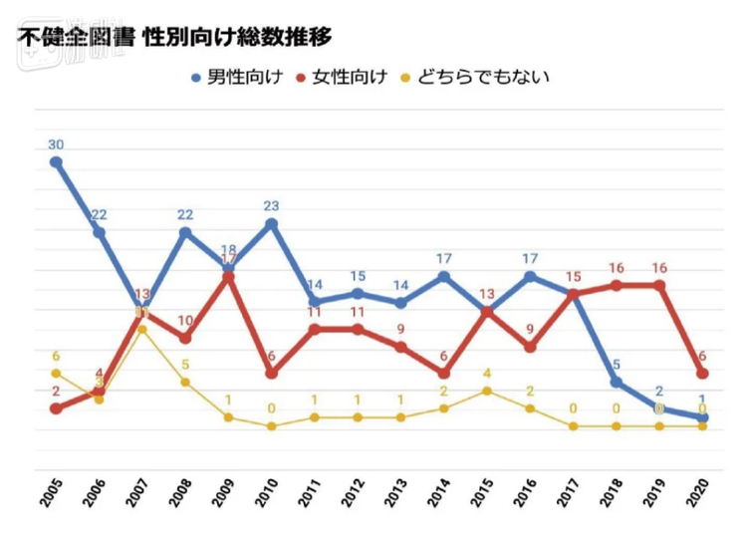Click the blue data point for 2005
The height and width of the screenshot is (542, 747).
(56, 162)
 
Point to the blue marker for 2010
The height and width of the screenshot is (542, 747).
(271, 223)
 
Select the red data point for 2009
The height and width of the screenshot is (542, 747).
(228, 276)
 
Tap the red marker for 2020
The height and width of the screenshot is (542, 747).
(702, 374)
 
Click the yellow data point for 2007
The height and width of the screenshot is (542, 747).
(142, 329)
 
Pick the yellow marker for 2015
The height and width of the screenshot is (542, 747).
(487, 391)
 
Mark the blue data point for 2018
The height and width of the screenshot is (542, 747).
(617, 382)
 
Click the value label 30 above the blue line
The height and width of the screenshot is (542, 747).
(56, 144)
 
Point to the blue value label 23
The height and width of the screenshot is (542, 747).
(271, 205)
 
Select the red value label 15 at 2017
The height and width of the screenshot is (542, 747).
(573, 276)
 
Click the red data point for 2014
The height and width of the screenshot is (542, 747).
(444, 374)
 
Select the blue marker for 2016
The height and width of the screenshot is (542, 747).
(530, 276)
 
